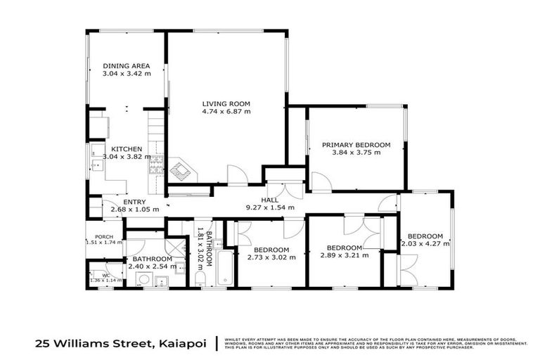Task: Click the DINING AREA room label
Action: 126,66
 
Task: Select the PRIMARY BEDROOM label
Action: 356,145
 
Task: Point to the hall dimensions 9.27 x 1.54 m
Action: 270,207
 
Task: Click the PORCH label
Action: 104,236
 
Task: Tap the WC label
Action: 105,275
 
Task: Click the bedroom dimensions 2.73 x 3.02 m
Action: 271,257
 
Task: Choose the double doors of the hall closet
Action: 288,191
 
